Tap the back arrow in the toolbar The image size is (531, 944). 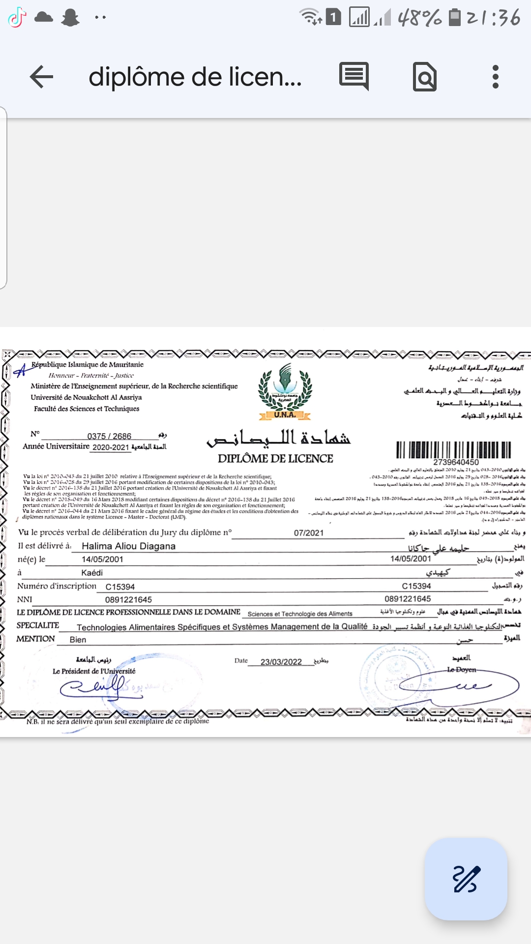click(41, 77)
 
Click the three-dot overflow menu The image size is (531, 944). click(495, 77)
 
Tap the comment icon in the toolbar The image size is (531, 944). click(354, 76)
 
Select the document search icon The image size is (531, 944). click(425, 77)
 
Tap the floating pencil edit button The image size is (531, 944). click(466, 879)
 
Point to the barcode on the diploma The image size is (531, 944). click(453, 449)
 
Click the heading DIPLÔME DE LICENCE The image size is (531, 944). click(275, 458)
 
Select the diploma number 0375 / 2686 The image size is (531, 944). click(109, 436)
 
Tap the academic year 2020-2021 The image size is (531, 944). click(111, 447)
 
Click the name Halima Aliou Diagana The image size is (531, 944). click(128, 546)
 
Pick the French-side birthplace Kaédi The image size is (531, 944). click(92, 573)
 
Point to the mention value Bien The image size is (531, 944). click(78, 640)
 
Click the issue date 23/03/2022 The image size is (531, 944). click(281, 662)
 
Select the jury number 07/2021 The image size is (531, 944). click(309, 533)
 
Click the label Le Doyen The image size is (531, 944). click(461, 670)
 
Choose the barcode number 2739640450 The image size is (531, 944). click(456, 462)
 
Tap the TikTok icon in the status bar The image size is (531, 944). click(17, 18)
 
